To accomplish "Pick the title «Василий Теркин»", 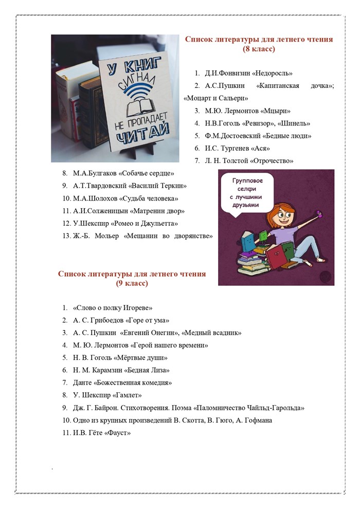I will (x=157, y=186).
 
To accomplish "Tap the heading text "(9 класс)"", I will (x=132, y=283).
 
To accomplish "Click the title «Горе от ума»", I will (x=146, y=320).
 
